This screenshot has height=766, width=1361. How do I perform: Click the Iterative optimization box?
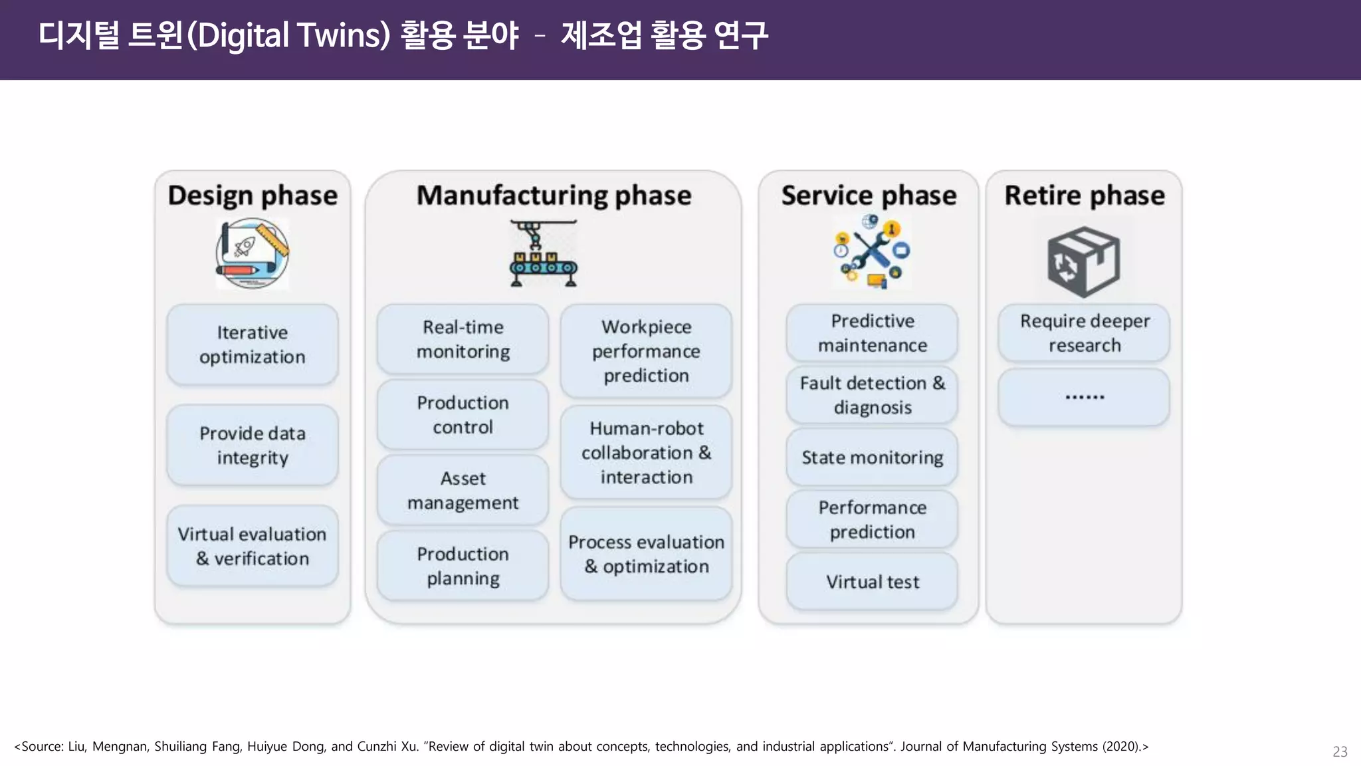[x=253, y=344]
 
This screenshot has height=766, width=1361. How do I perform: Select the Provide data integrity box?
[x=253, y=445]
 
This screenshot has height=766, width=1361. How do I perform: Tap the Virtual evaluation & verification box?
[x=253, y=546]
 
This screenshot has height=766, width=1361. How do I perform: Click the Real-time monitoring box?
[x=463, y=339]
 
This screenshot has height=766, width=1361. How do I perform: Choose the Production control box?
[x=463, y=415]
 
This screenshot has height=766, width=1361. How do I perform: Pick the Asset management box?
[x=463, y=490]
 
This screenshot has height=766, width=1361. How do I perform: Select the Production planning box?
[x=463, y=566]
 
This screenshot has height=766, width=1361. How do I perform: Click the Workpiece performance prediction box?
[x=646, y=351]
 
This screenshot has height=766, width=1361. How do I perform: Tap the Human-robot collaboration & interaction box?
[x=646, y=452]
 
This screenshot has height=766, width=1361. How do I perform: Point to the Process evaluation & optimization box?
[x=646, y=554]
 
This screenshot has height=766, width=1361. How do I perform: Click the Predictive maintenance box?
[x=872, y=333]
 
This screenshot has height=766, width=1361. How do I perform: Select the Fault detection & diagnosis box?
[x=872, y=395]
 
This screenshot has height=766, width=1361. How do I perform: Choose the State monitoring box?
[x=872, y=457]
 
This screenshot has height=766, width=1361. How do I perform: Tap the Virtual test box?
[x=872, y=582]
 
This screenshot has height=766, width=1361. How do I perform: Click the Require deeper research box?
[x=1084, y=333]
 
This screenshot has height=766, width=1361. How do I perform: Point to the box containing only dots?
[x=1084, y=397]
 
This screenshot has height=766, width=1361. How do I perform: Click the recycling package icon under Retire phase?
[x=1084, y=261]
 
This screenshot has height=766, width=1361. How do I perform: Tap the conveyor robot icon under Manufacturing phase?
[x=543, y=254]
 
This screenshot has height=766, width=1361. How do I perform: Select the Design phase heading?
[x=253, y=195]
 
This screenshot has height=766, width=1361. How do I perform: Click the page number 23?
[x=1340, y=751]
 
